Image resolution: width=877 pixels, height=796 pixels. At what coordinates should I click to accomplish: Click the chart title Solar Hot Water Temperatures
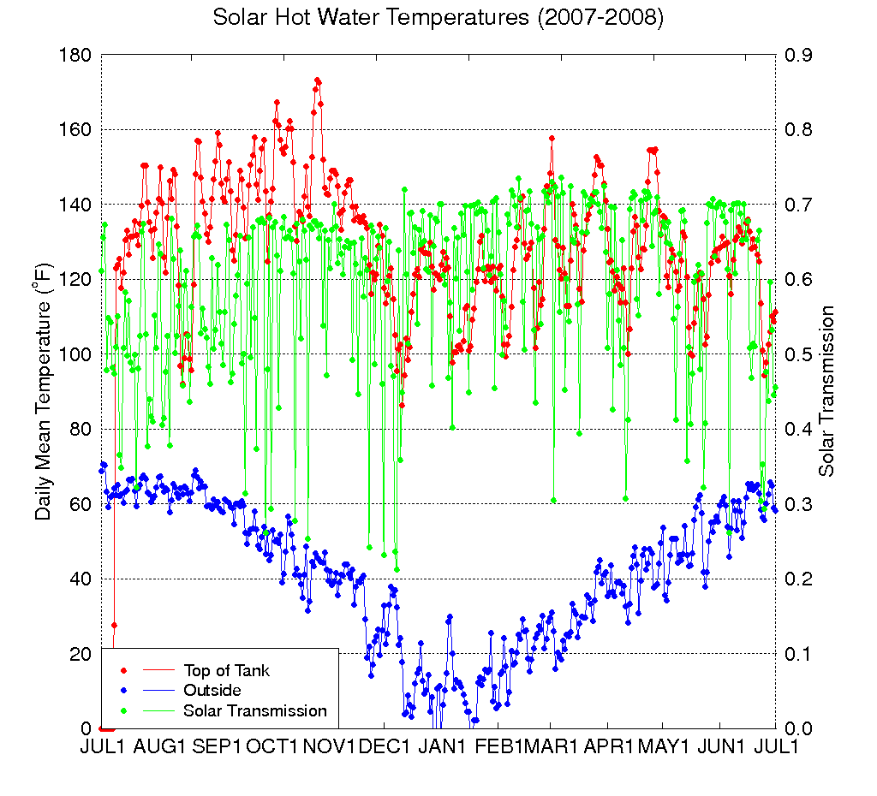click(x=438, y=18)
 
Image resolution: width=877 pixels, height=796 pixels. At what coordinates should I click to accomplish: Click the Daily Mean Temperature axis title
click(x=44, y=391)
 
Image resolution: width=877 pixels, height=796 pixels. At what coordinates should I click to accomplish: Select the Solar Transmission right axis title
click(x=826, y=391)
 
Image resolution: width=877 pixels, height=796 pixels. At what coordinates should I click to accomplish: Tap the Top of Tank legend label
click(x=226, y=669)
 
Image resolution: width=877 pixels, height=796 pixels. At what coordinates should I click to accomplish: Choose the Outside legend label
click(x=212, y=690)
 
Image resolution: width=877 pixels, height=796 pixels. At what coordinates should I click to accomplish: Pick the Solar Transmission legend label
click(x=254, y=710)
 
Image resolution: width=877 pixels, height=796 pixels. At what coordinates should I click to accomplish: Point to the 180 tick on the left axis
click(x=76, y=55)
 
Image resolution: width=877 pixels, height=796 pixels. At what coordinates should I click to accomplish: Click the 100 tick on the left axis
click(x=76, y=354)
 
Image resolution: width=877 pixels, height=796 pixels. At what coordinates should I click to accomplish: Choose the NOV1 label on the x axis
click(x=329, y=746)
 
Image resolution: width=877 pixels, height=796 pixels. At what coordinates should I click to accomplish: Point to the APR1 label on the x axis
click(x=609, y=746)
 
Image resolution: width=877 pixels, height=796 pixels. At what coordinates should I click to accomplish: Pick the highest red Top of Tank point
click(x=317, y=80)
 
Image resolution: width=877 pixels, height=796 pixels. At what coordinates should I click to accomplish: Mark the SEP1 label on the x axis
click(x=216, y=746)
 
